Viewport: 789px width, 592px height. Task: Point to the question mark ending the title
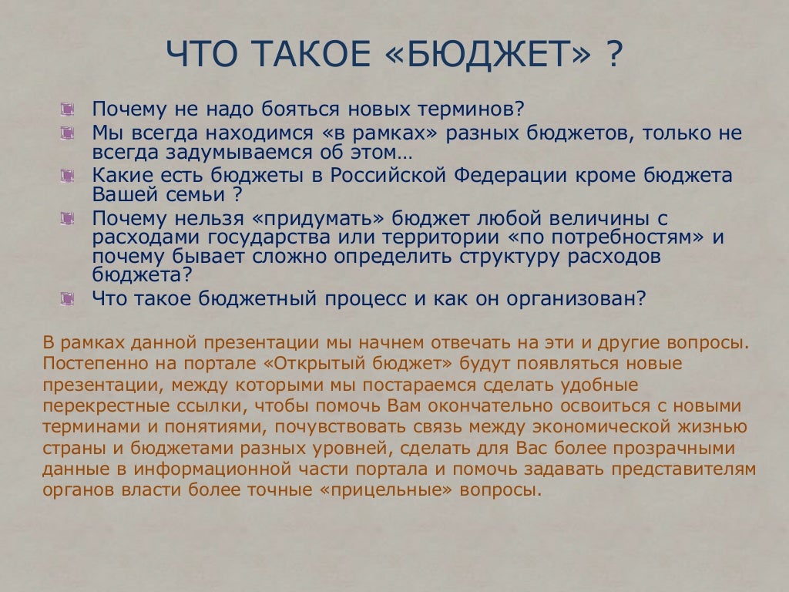click(x=614, y=55)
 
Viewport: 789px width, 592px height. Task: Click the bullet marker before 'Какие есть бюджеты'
click(x=68, y=176)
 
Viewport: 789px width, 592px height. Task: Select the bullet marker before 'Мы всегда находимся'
click(x=68, y=133)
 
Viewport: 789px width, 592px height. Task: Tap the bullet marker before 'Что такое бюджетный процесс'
click(x=68, y=298)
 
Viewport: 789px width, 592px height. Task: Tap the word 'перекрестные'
click(x=94, y=405)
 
